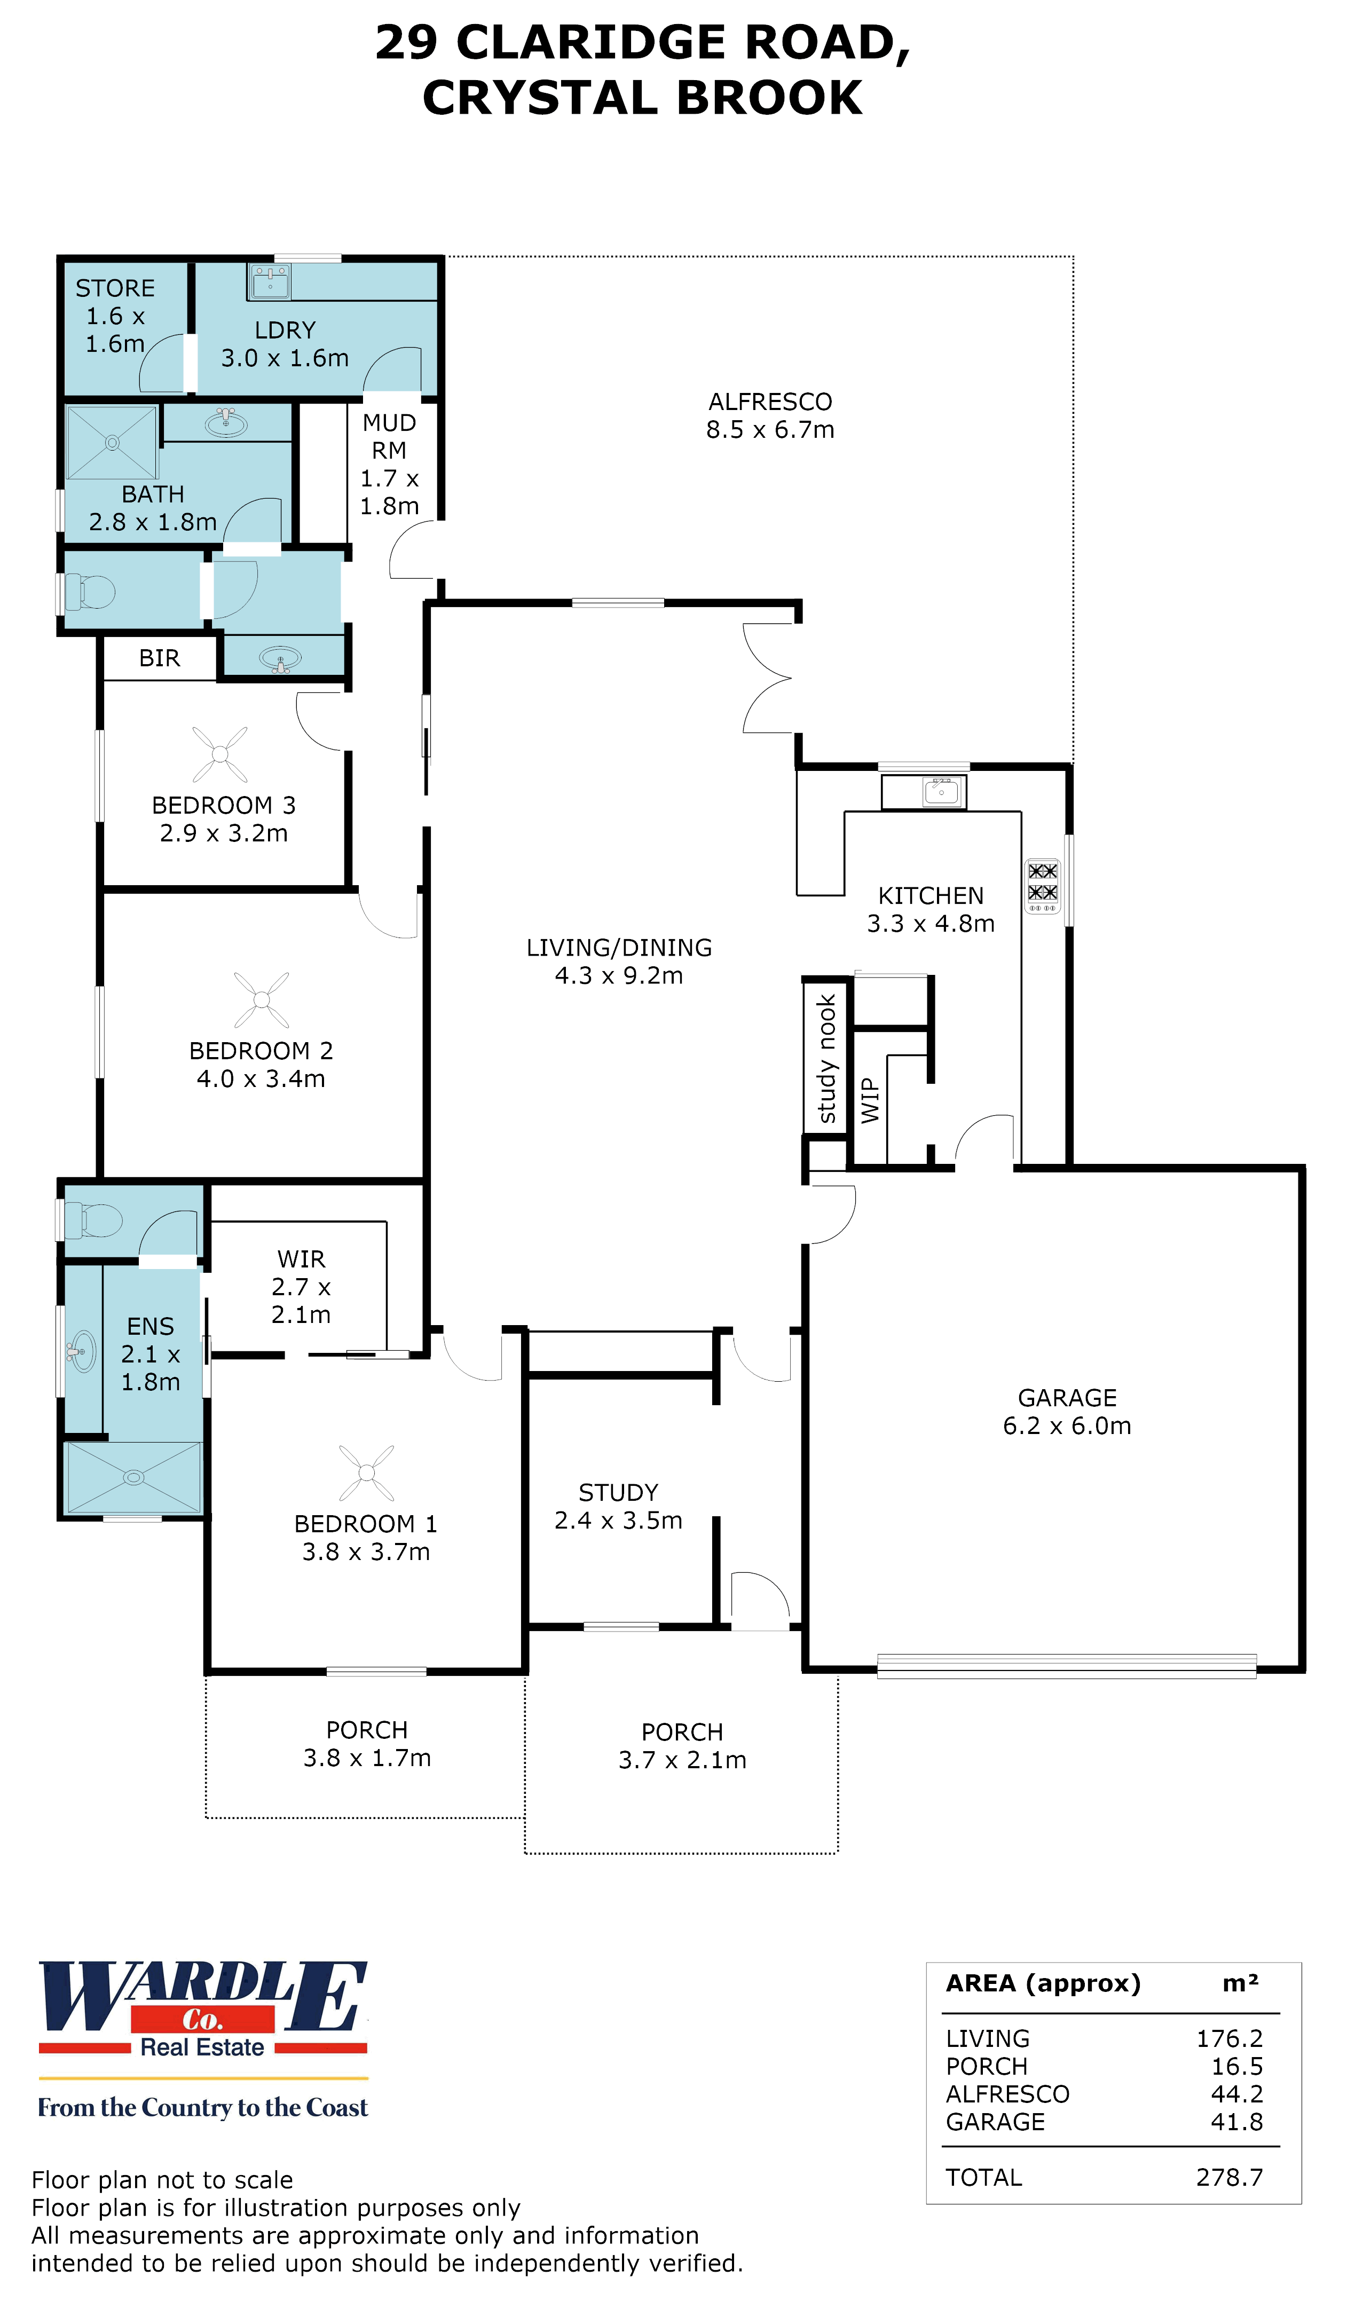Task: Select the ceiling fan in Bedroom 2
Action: click(x=262, y=999)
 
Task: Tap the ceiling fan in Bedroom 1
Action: click(x=367, y=1472)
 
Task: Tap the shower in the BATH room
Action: click(x=112, y=442)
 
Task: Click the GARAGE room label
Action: click(x=1067, y=1398)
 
